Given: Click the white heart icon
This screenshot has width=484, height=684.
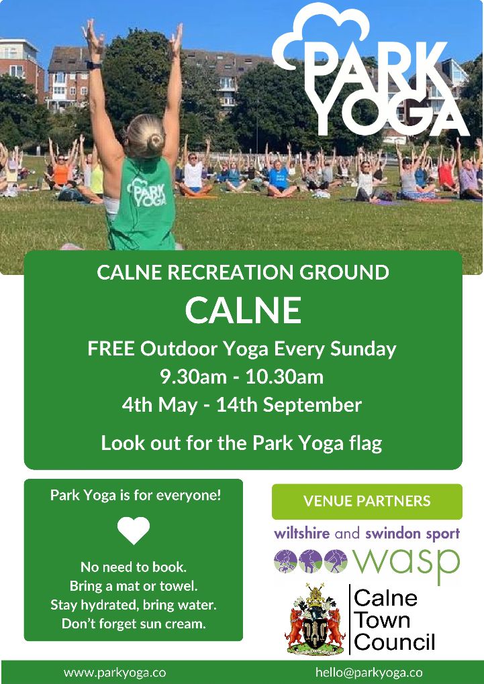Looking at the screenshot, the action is click(133, 530).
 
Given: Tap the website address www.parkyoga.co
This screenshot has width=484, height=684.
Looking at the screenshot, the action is click(115, 673).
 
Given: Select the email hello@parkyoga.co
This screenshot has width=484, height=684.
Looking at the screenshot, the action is click(369, 673).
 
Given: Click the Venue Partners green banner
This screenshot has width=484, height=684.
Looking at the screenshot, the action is click(367, 501).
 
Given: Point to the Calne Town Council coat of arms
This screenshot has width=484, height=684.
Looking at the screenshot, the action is click(315, 620).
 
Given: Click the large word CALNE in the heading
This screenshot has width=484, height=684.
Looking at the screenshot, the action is click(243, 310).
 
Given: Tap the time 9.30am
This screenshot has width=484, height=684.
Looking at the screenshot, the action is click(193, 377).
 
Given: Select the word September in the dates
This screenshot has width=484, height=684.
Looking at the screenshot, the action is click(312, 406).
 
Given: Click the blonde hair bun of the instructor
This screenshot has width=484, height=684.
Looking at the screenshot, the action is click(155, 141).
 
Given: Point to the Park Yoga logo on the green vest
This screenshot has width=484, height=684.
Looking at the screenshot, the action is click(146, 193).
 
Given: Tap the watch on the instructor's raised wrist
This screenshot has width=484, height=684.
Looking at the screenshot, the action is click(94, 64).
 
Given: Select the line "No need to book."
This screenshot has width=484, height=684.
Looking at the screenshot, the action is click(134, 567).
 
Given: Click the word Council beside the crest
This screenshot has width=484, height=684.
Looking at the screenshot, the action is click(395, 642).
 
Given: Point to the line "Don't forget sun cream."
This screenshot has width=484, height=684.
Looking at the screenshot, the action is click(134, 624).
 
